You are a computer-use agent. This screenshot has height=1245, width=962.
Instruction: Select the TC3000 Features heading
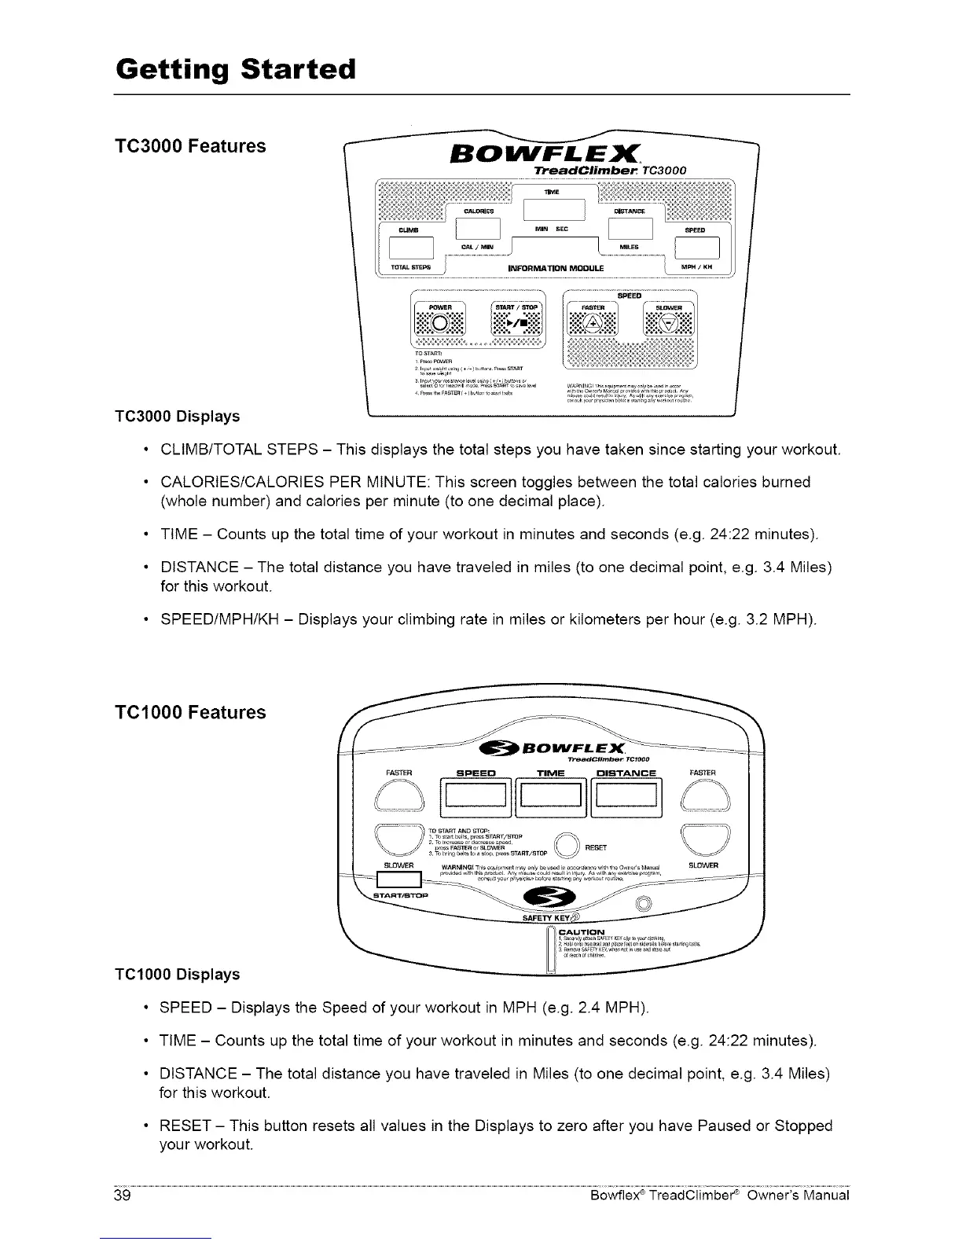pyautogui.click(x=191, y=146)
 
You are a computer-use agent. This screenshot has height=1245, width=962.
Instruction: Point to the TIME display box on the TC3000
pyautogui.click(x=554, y=210)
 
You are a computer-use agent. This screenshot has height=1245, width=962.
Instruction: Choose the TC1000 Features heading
pyautogui.click(x=191, y=713)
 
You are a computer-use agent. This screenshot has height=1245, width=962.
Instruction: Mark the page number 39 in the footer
pyautogui.click(x=121, y=1195)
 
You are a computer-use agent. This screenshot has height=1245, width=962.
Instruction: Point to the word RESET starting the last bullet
pyautogui.click(x=185, y=1126)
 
